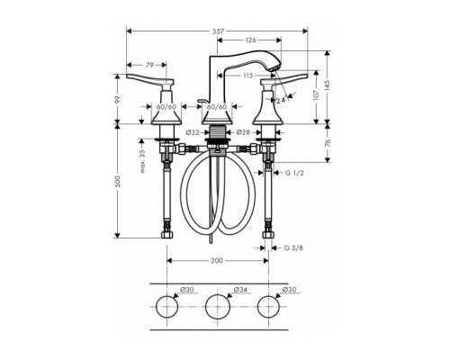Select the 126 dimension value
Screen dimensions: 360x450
(x=251, y=40)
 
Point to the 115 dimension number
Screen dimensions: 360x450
(x=247, y=76)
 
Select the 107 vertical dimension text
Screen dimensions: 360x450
(x=317, y=95)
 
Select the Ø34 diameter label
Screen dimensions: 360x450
(x=240, y=290)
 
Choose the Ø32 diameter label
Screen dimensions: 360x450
(x=192, y=133)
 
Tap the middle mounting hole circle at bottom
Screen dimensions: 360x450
(x=217, y=307)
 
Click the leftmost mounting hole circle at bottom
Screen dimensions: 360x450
(x=166, y=307)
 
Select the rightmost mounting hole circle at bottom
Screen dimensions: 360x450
(x=267, y=307)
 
